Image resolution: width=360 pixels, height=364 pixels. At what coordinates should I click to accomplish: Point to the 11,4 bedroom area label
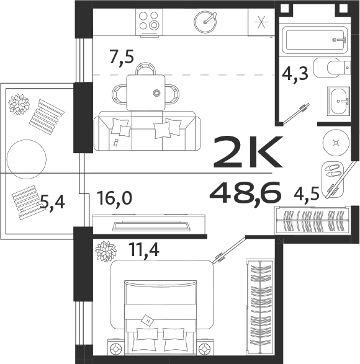[143, 251]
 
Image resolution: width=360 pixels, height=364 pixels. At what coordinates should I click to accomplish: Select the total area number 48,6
[246, 193]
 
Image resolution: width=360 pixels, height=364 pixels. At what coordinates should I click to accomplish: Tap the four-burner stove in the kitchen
[148, 21]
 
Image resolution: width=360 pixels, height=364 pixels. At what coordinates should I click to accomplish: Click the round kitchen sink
[205, 22]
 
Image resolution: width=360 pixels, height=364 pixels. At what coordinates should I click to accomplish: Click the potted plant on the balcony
[19, 104]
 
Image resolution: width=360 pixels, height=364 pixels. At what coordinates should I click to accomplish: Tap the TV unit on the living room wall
[149, 224]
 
